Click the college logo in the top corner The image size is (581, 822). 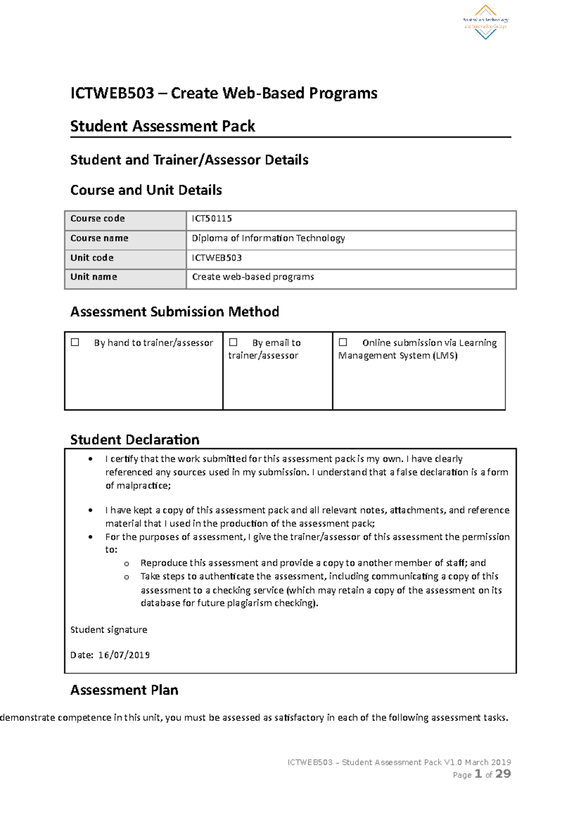(485, 22)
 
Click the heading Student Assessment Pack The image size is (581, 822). (163, 126)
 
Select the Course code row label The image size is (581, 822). (98, 219)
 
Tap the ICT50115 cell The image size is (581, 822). (212, 219)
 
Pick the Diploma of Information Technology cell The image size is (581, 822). (268, 238)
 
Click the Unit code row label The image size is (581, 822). (92, 258)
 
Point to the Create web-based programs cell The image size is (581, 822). (253, 277)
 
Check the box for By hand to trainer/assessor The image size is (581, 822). (75, 342)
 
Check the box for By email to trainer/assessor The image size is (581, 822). (233, 342)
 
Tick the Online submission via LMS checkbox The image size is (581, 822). (343, 342)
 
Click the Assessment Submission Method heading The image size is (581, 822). (175, 312)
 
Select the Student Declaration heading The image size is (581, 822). (135, 440)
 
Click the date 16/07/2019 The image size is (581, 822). (124, 655)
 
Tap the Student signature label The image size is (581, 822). (109, 630)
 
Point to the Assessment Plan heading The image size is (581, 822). (124, 690)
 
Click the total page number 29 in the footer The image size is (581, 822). (503, 774)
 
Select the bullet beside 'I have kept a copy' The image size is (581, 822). (91, 510)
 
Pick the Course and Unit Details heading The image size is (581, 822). (146, 190)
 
